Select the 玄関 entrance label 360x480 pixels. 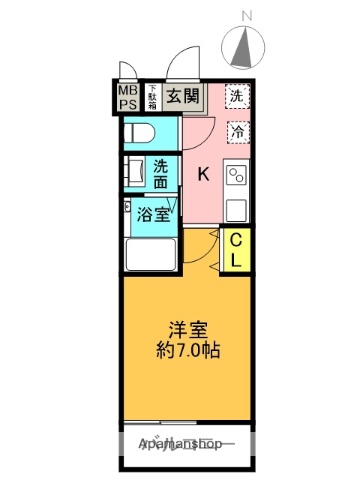tap(182, 98)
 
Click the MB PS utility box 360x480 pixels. tap(128, 96)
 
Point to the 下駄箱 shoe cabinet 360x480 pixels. tap(153, 96)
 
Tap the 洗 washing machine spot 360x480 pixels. tap(237, 97)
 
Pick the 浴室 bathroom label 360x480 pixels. tap(151, 212)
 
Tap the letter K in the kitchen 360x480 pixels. tap(203, 174)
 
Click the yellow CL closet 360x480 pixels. tap(239, 249)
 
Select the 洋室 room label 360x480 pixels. tap(186, 330)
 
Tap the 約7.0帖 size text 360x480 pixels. tap(187, 352)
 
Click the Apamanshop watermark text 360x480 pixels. tap(187, 443)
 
